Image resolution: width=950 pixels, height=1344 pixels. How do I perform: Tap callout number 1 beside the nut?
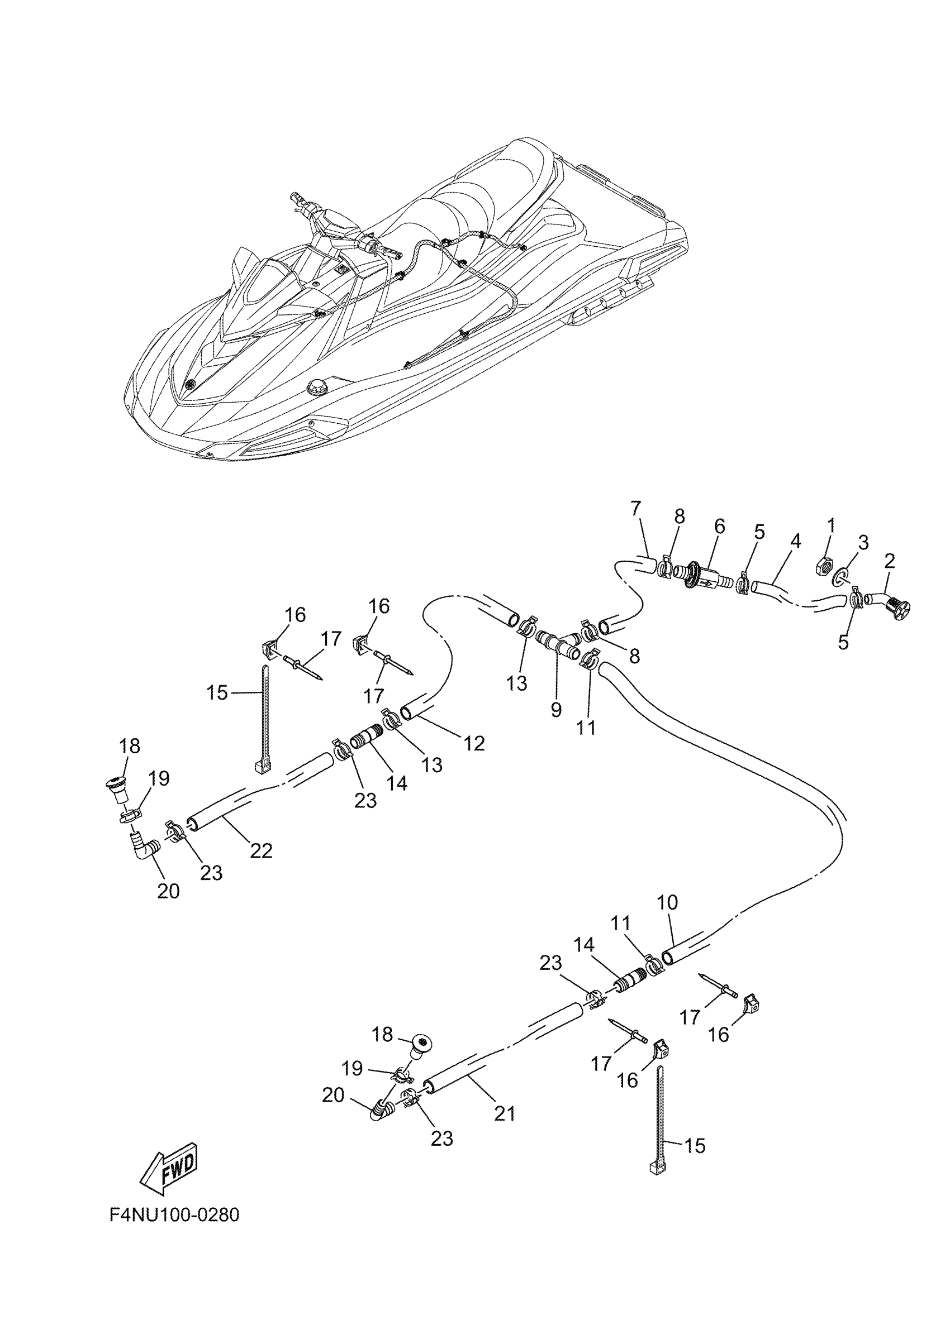(x=830, y=525)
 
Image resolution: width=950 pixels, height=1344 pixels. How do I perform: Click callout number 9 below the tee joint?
(x=556, y=710)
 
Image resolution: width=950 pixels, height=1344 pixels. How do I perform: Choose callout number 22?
(x=261, y=850)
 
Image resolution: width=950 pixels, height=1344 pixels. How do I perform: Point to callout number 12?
(x=474, y=743)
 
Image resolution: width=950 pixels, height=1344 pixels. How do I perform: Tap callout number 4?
(x=795, y=541)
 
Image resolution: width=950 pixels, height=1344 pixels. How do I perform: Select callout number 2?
(x=890, y=562)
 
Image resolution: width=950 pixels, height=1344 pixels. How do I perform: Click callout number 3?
(x=863, y=542)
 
